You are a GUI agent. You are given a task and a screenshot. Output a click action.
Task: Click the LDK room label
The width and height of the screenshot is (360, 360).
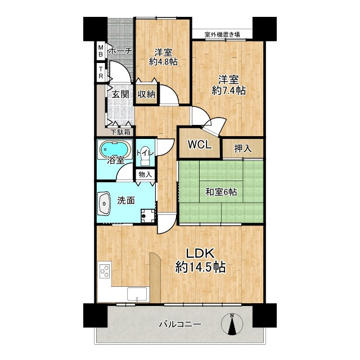(x=200, y=254)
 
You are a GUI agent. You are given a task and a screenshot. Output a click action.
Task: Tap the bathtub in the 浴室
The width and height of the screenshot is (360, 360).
(x=115, y=150)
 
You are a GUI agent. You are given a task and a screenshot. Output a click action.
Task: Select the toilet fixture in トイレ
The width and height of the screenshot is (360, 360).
(x=145, y=157)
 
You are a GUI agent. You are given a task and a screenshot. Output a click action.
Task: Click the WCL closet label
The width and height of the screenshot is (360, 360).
(x=200, y=145)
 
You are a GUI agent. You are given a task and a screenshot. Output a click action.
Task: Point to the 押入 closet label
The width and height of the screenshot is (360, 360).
(x=242, y=148)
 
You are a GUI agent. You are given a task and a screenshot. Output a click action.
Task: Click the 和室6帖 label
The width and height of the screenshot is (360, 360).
(x=221, y=192)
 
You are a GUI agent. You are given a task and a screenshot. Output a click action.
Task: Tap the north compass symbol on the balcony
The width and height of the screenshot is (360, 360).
(x=232, y=324)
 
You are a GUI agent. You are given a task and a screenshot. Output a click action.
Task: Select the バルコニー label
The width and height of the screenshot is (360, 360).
(x=180, y=324)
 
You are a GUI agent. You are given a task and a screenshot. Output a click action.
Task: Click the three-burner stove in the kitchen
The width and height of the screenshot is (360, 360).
(x=105, y=271)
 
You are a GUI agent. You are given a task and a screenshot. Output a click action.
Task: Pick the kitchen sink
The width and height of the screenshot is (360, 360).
(x=137, y=294)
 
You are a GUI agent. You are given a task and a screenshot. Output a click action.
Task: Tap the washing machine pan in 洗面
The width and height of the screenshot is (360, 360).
(x=148, y=215)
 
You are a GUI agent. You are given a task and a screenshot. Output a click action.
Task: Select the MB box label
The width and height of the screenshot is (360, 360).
(x=101, y=51)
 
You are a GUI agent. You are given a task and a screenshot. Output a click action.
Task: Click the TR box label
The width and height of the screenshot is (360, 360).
(x=101, y=73)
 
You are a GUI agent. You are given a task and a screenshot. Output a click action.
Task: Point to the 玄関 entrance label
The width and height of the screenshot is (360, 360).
(x=120, y=94)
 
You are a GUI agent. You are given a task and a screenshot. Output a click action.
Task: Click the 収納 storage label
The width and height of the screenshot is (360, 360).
(x=146, y=94)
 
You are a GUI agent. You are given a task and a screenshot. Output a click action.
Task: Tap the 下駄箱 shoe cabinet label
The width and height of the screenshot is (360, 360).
(x=121, y=132)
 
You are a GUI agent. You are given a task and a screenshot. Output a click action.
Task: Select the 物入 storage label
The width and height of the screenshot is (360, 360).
(x=145, y=174)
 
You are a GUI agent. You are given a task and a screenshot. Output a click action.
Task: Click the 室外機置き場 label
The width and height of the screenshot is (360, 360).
(x=222, y=35)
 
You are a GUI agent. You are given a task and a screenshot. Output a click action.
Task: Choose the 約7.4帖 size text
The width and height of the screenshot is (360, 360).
(x=229, y=91)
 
